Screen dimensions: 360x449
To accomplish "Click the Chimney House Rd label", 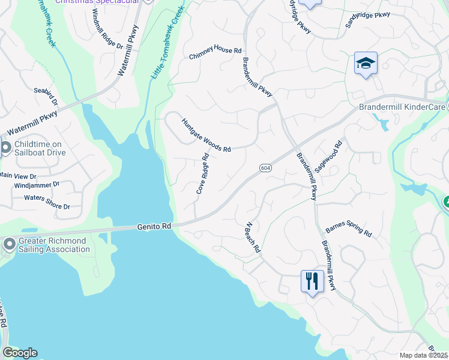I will (x=215, y=54).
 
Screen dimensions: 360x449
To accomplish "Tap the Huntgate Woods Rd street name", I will (x=206, y=135).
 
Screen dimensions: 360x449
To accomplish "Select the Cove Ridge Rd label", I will (x=202, y=174).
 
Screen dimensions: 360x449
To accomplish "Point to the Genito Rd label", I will (x=154, y=226).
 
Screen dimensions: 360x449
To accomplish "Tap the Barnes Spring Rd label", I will (x=348, y=231).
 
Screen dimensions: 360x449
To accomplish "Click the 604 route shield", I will (x=265, y=169).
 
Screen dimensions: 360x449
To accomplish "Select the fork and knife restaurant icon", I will (x=312, y=280).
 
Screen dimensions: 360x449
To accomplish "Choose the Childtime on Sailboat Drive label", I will (x=39, y=149).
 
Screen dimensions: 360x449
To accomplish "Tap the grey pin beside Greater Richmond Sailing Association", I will (x=8, y=244).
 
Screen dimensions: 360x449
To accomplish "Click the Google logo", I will (x=20, y=353).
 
